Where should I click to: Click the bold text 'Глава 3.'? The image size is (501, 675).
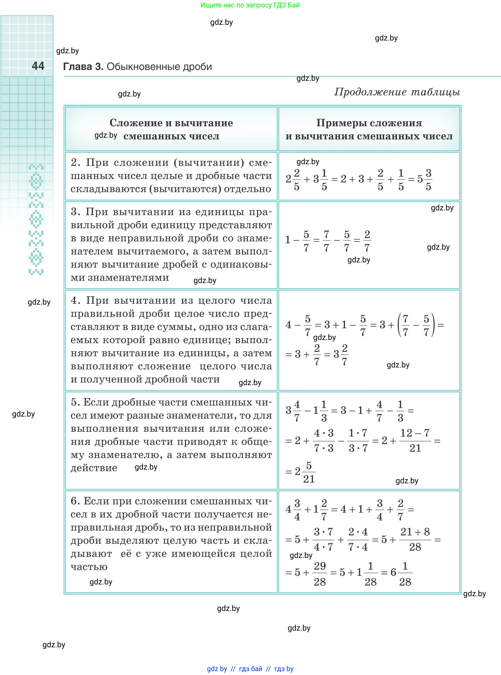pyautogui.click(x=83, y=67)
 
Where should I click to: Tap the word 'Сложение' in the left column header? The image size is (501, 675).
pyautogui.click(x=135, y=123)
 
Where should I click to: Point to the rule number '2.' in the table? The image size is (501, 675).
pyautogui.click(x=76, y=162)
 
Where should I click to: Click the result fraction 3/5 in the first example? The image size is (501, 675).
pyautogui.click(x=428, y=180)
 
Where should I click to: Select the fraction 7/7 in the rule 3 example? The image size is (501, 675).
pyautogui.click(x=326, y=241)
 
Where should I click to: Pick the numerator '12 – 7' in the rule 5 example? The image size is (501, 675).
pyautogui.click(x=415, y=433)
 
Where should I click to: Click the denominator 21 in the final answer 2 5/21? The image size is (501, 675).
pyautogui.click(x=309, y=479)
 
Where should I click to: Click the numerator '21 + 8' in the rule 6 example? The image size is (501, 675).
pyautogui.click(x=415, y=532)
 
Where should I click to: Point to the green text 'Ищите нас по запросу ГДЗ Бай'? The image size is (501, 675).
pyautogui.click(x=250, y=5)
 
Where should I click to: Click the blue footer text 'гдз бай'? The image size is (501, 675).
pyautogui.click(x=251, y=669)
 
